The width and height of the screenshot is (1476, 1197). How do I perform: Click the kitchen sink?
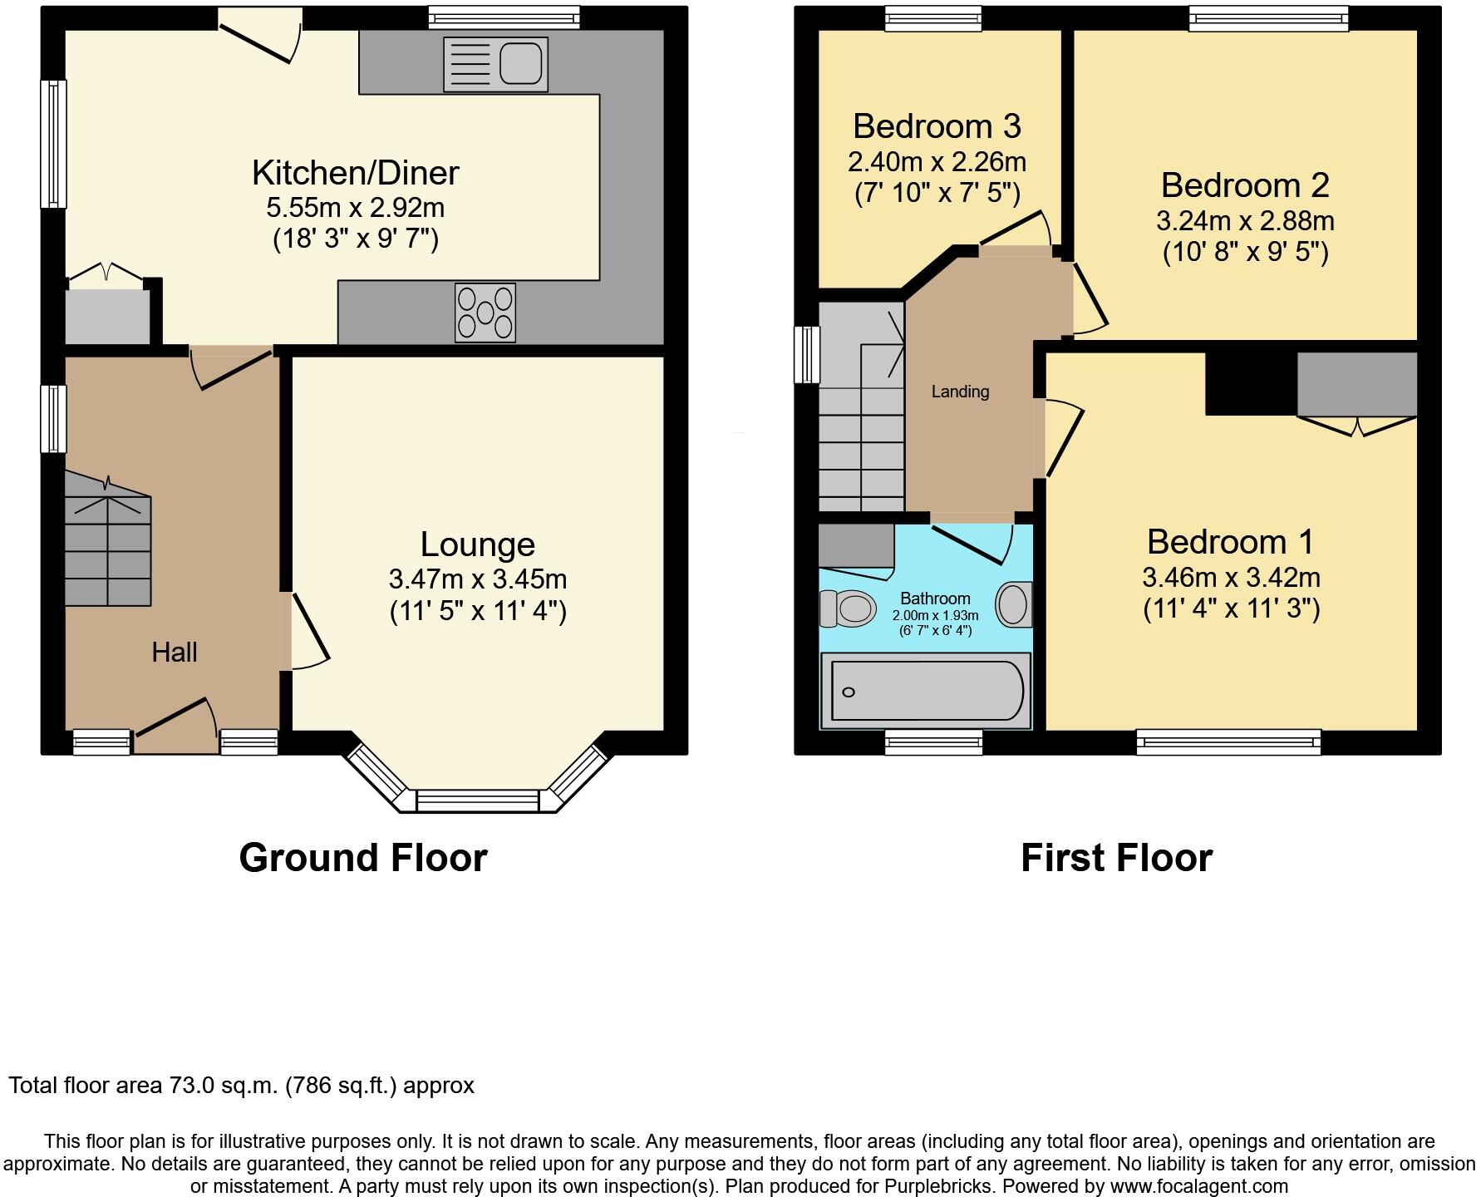495,64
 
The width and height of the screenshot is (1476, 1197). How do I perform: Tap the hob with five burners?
485,313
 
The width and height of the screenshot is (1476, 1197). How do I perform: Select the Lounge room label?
477,544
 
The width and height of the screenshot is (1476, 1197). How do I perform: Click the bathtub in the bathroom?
926,691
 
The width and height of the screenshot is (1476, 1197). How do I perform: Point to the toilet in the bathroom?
848,608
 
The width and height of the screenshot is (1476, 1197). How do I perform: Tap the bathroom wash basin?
1013,604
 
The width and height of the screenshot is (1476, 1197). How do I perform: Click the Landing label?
960,392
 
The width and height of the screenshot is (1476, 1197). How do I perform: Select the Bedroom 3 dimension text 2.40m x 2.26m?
937,161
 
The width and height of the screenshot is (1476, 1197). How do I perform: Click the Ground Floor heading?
362,858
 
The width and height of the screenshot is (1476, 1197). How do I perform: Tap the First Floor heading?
1116,858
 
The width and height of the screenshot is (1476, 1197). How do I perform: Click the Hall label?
175,653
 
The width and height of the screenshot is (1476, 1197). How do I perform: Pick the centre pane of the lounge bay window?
477,800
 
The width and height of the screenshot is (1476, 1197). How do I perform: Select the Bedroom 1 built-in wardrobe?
1356,384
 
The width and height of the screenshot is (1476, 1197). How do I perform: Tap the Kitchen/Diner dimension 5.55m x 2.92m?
355,208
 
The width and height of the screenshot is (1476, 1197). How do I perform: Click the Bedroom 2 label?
1244,185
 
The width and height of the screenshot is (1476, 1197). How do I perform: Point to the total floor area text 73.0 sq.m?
241,1086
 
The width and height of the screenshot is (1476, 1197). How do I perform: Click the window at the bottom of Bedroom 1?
1228,741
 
